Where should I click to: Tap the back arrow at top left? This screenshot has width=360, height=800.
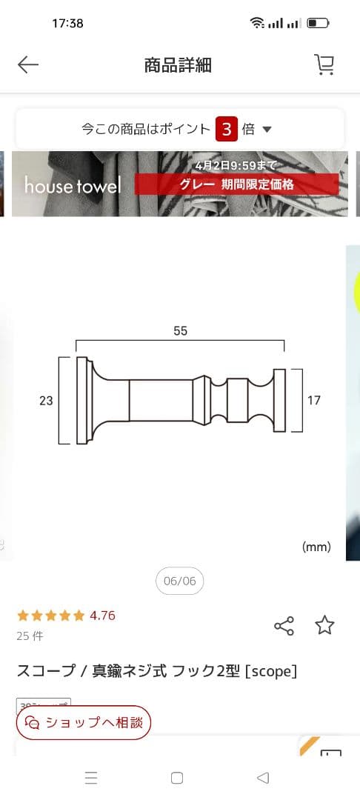[28, 65]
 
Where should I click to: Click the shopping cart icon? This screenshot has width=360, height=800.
[324, 65]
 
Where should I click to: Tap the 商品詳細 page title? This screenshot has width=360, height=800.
[178, 65]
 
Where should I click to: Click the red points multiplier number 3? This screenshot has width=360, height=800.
[227, 129]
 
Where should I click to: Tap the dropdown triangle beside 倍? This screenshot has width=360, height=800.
[267, 130]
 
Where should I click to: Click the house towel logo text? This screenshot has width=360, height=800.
[72, 185]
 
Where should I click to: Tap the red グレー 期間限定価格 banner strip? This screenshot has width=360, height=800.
[236, 184]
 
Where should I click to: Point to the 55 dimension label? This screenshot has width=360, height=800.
[181, 331]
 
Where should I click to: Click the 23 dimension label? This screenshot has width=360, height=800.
[46, 400]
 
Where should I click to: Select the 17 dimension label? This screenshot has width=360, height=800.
[314, 400]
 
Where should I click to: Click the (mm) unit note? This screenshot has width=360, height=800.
[316, 547]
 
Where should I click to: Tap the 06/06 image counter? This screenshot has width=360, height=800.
[179, 581]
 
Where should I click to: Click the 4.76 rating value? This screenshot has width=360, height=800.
[102, 616]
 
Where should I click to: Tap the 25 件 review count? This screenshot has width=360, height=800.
[30, 636]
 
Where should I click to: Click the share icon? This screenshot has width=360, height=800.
[284, 626]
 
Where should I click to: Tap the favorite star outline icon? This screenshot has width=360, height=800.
[324, 625]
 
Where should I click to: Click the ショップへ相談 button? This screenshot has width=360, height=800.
[84, 722]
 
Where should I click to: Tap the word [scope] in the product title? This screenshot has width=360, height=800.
[271, 671]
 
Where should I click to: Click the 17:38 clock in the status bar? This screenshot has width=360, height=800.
[67, 23]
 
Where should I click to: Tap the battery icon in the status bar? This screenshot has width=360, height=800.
[318, 23]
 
